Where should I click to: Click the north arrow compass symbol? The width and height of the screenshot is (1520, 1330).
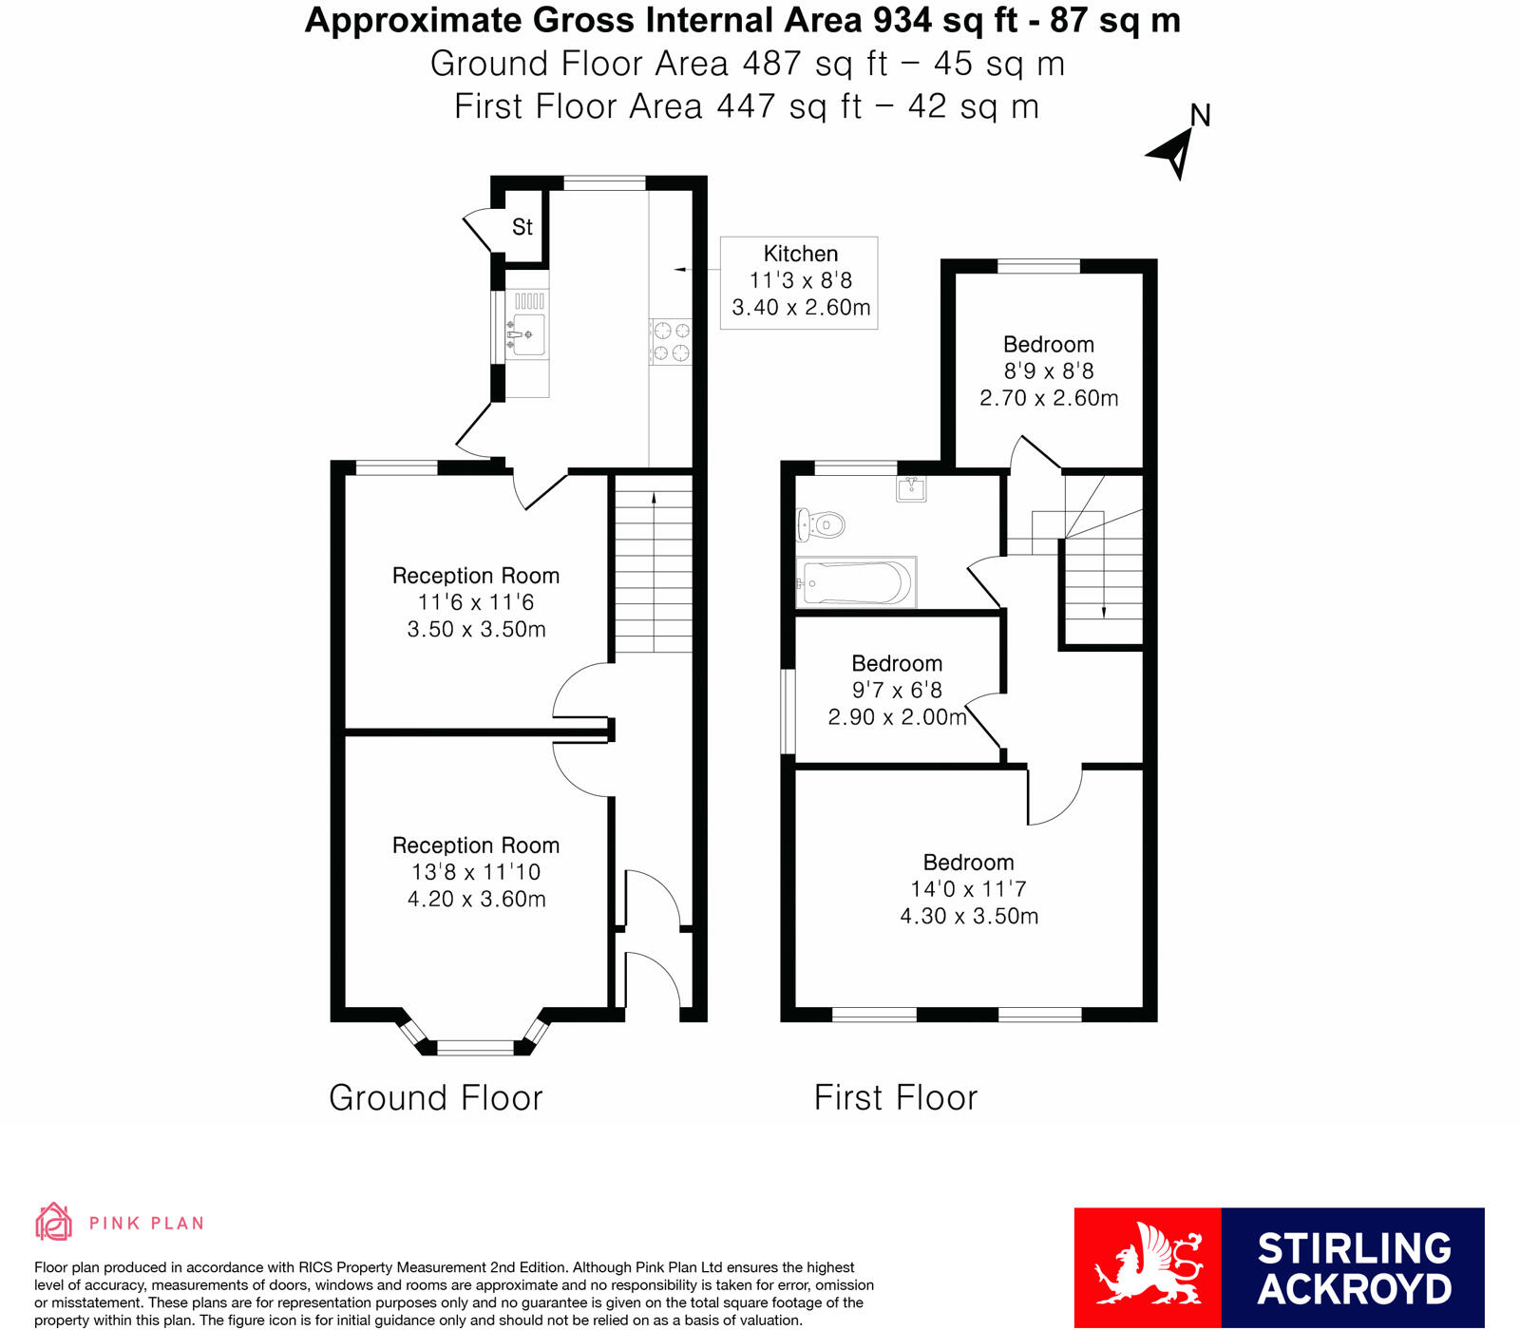coord(1174,152)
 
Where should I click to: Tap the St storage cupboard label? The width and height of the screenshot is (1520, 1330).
coord(522,227)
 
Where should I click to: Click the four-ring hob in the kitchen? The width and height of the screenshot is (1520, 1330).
coord(671,342)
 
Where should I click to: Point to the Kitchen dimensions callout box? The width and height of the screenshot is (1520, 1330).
coord(799,282)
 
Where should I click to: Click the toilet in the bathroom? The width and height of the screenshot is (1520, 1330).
coord(822,523)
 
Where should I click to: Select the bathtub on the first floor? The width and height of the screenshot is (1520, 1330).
coord(855,581)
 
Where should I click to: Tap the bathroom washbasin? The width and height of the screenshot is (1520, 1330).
coord(911,489)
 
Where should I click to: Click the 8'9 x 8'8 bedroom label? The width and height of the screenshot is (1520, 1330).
coord(1048,371)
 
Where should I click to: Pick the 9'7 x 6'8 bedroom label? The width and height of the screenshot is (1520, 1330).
coord(896,691)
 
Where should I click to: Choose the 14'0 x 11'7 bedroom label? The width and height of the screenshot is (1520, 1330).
coord(968,889)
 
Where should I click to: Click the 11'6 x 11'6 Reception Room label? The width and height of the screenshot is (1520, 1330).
coord(476,602)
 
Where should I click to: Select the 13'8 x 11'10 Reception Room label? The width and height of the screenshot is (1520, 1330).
coord(476,872)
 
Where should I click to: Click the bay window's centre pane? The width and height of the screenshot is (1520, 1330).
coord(475,1048)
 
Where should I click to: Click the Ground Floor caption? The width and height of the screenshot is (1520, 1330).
coord(436,1098)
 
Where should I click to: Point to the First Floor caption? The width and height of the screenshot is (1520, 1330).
coord(895,1098)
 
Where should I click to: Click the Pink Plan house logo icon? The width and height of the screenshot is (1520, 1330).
coord(54,1222)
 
